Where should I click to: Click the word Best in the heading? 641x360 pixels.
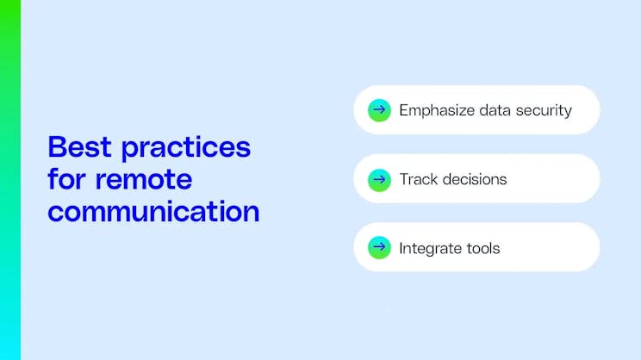click(x=80, y=147)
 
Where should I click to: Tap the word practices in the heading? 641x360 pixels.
click(x=185, y=148)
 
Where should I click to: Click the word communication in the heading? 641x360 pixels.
click(x=153, y=211)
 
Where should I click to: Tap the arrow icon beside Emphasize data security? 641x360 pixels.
click(x=379, y=110)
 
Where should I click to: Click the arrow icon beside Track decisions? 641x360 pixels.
click(x=379, y=179)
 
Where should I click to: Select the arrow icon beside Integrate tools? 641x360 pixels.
click(x=379, y=248)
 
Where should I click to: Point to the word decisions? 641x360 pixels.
click(x=475, y=179)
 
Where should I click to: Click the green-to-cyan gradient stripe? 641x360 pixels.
click(x=9, y=180)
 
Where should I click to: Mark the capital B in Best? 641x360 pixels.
click(x=56, y=147)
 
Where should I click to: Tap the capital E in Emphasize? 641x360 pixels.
click(x=403, y=110)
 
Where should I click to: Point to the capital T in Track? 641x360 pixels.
click(x=403, y=179)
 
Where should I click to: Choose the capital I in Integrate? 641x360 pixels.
click(x=401, y=248)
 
